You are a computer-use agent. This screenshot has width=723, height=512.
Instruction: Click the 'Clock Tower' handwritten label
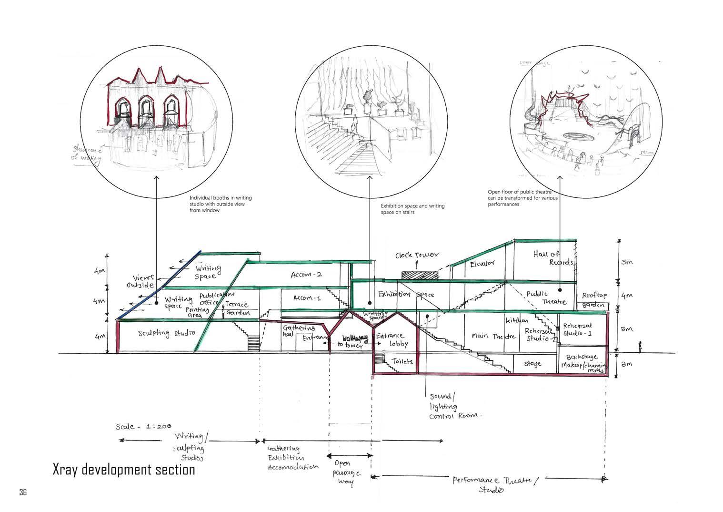(417, 256)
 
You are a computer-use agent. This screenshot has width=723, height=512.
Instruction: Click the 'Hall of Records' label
(554, 258)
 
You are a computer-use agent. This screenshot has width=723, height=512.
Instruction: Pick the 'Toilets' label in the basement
(402, 361)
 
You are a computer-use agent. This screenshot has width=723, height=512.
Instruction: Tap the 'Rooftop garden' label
(594, 300)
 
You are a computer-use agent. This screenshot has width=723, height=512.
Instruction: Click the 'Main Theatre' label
(493, 336)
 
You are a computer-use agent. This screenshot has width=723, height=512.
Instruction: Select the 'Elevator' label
(482, 263)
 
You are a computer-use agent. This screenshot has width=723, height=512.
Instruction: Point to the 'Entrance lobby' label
(393, 339)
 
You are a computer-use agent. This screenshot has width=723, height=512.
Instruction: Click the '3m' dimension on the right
(627, 364)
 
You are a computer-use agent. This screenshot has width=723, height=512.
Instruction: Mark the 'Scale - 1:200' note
(143, 426)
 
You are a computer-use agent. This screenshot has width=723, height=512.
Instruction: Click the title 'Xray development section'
(124, 470)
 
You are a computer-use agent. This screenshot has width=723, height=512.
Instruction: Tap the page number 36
(23, 492)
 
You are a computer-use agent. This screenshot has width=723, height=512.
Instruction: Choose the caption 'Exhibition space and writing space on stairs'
(412, 209)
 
